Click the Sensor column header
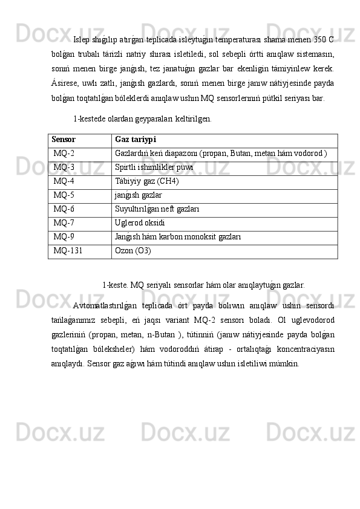tap(65, 140)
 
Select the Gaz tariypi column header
tap(136, 140)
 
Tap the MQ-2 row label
tap(64, 154)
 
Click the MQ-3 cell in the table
tap(64, 167)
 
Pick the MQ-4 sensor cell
tap(64, 181)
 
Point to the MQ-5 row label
tap(64, 195)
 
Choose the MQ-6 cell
tap(64, 209)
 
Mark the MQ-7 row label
tap(64, 222)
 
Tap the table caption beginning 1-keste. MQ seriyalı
tap(203, 283)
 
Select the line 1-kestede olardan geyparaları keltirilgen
tap(142, 118)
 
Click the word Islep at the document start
tap(81, 41)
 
